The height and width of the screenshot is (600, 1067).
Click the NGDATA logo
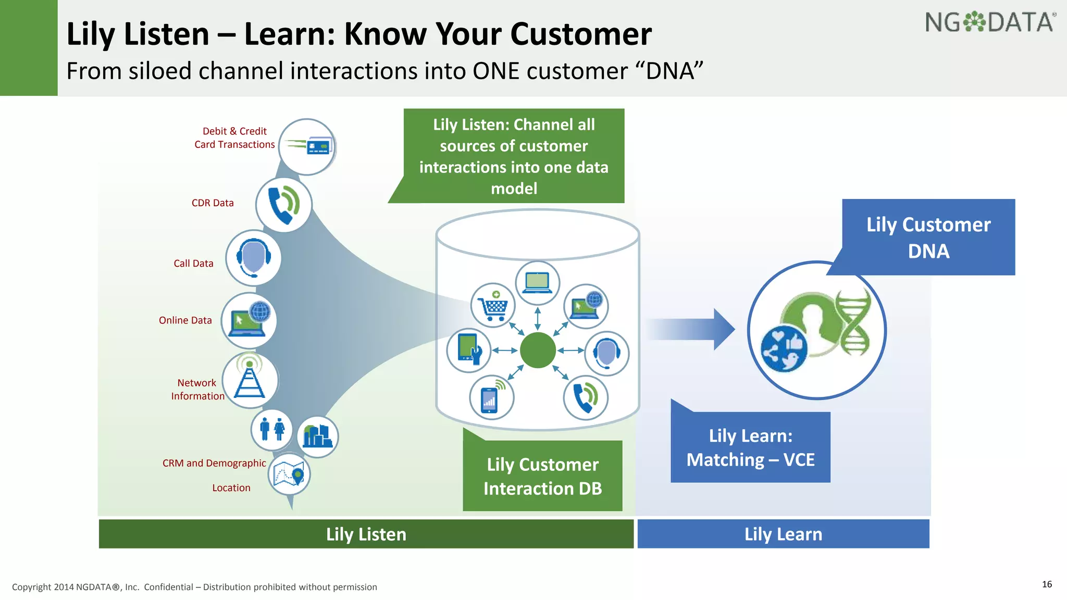click(990, 23)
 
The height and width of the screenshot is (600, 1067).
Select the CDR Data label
click(213, 203)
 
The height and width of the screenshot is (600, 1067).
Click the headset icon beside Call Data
click(254, 258)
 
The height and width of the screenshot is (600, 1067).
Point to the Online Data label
click(185, 320)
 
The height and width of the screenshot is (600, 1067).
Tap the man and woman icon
click(271, 430)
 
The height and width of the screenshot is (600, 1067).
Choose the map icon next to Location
click(289, 474)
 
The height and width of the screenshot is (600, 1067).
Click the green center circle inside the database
click(538, 350)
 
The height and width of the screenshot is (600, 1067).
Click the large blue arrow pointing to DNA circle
click(693, 329)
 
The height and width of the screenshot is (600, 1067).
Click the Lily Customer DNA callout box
click(928, 238)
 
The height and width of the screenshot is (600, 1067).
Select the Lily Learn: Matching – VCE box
click(750, 447)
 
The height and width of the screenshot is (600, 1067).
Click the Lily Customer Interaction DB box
click(542, 476)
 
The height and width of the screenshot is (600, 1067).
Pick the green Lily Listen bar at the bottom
click(366, 534)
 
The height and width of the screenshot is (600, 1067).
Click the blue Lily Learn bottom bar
click(783, 534)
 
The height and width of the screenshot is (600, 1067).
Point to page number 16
click(1047, 584)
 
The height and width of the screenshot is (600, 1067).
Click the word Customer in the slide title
click(581, 34)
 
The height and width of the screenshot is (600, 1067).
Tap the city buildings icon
click(318, 436)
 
